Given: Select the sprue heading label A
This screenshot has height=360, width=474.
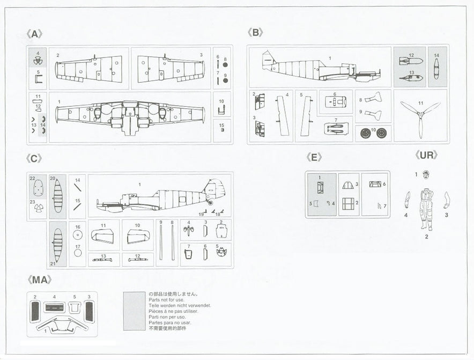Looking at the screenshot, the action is [x=34, y=34].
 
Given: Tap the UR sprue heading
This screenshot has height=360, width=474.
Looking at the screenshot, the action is [x=426, y=155].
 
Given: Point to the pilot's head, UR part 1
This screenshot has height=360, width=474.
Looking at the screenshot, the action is [x=426, y=174].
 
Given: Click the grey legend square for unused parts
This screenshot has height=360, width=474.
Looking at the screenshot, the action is [x=134, y=311].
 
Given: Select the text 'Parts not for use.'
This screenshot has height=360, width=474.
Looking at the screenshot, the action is [x=166, y=299].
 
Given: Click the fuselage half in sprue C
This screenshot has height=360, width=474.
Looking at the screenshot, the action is [x=161, y=196].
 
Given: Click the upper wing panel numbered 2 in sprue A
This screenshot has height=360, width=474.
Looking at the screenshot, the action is [x=89, y=68].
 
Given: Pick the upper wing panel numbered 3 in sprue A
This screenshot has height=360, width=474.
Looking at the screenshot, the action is [x=171, y=68].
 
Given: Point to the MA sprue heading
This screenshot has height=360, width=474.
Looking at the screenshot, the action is [x=39, y=280].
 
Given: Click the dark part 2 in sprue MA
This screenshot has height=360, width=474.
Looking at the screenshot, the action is [x=35, y=312].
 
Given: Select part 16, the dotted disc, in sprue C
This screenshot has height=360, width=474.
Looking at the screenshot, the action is [x=78, y=235].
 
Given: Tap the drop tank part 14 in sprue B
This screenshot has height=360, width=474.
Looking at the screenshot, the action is [x=436, y=69].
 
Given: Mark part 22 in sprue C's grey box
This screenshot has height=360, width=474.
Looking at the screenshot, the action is [x=38, y=188].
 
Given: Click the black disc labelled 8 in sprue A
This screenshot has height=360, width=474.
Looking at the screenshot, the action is [x=225, y=64].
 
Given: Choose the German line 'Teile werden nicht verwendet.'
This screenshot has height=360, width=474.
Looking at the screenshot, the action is [x=180, y=306].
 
